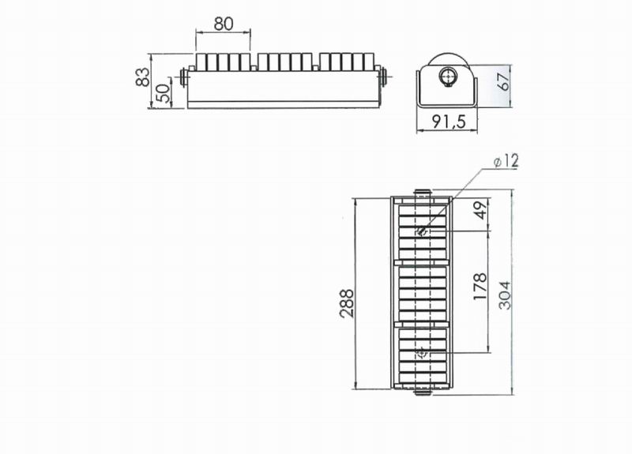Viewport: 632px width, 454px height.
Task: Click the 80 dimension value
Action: point(224,24)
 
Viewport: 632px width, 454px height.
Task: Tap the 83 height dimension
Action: point(143,77)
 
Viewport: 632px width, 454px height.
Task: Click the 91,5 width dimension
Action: point(449,122)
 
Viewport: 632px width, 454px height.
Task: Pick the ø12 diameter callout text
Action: point(506,161)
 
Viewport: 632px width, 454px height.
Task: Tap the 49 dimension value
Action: point(482,210)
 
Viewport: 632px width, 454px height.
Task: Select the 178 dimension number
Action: point(480,287)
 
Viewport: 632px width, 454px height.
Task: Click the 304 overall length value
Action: point(505,295)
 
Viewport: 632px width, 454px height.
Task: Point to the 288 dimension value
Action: point(346,303)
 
